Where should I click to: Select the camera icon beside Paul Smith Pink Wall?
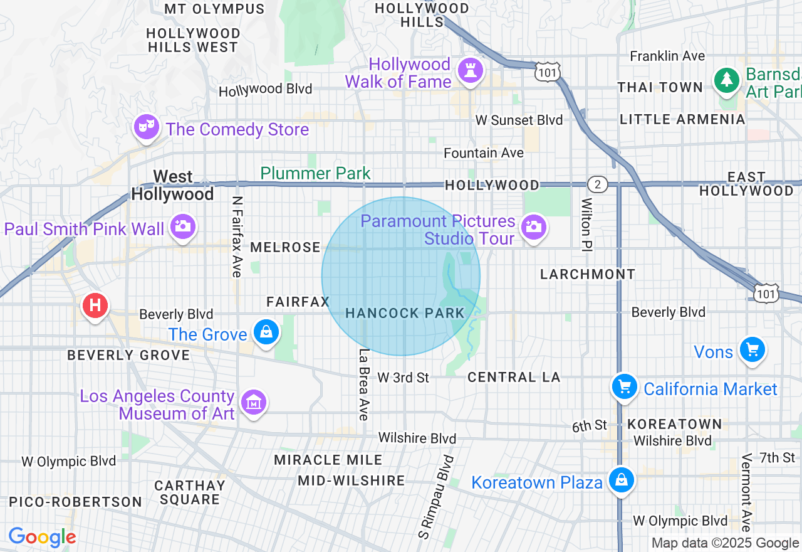tap(182, 226)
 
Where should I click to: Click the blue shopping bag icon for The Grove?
tap(266, 332)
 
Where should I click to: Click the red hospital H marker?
tap(95, 306)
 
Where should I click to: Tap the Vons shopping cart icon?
tap(752, 350)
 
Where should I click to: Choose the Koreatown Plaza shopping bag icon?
tap(622, 480)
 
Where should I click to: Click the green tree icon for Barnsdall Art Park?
tap(727, 80)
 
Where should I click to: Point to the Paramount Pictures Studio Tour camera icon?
tap(533, 226)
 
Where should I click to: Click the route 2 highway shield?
tap(598, 184)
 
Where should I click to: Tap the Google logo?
tap(42, 537)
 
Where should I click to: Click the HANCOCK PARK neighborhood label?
tap(405, 313)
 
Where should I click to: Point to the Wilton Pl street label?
tap(586, 223)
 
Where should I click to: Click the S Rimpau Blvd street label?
tap(436, 497)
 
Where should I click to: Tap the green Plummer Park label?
tap(315, 173)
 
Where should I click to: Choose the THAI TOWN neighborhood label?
tap(660, 87)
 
